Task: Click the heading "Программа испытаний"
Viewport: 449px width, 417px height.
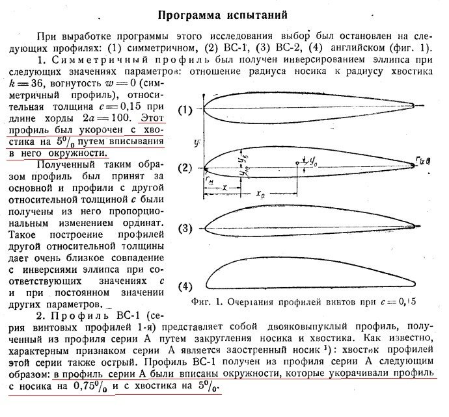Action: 224,14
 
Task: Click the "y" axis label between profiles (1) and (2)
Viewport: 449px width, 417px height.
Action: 195,140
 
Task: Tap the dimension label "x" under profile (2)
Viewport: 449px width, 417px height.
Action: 223,187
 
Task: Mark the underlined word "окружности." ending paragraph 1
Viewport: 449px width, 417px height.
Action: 72,153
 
